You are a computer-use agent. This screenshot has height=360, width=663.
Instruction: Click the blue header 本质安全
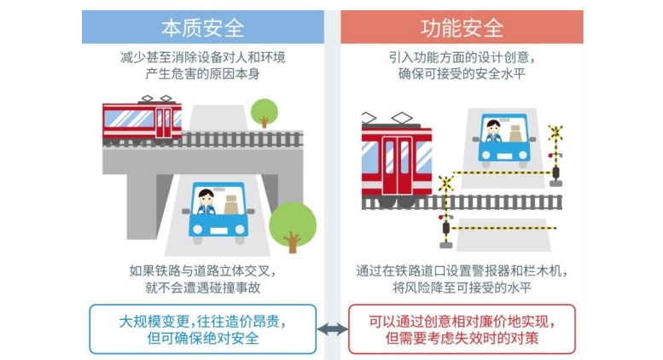[203, 27]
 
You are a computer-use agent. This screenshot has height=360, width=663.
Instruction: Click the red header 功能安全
[462, 27]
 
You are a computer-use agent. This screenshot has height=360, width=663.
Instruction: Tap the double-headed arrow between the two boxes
[332, 329]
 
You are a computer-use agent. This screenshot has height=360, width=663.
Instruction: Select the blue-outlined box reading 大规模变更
[203, 329]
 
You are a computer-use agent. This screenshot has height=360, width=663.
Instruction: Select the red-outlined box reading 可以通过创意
[462, 329]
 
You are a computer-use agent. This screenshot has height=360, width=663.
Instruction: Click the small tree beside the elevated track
[265, 113]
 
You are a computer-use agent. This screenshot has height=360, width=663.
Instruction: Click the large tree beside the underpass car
[293, 226]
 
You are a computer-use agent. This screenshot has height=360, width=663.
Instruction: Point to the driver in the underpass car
[206, 201]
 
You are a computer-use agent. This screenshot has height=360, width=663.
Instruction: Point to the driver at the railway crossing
[493, 131]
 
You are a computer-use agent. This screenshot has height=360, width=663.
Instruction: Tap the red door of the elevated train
[164, 123]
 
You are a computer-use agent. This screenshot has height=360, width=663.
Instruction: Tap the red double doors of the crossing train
[398, 165]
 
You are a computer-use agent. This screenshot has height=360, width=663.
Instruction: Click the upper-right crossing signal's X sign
[555, 133]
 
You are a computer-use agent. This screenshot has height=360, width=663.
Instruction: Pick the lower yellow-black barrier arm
[503, 228]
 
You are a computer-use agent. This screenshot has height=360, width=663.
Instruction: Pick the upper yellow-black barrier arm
[503, 172]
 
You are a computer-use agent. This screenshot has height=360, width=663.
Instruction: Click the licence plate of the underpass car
[218, 230]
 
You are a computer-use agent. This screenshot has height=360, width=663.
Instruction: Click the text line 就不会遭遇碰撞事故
[203, 287]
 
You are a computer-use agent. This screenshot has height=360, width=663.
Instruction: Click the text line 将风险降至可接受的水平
[462, 287]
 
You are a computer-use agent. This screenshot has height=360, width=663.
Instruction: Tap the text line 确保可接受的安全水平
[462, 73]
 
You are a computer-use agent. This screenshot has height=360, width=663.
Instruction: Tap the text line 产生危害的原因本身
[203, 73]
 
